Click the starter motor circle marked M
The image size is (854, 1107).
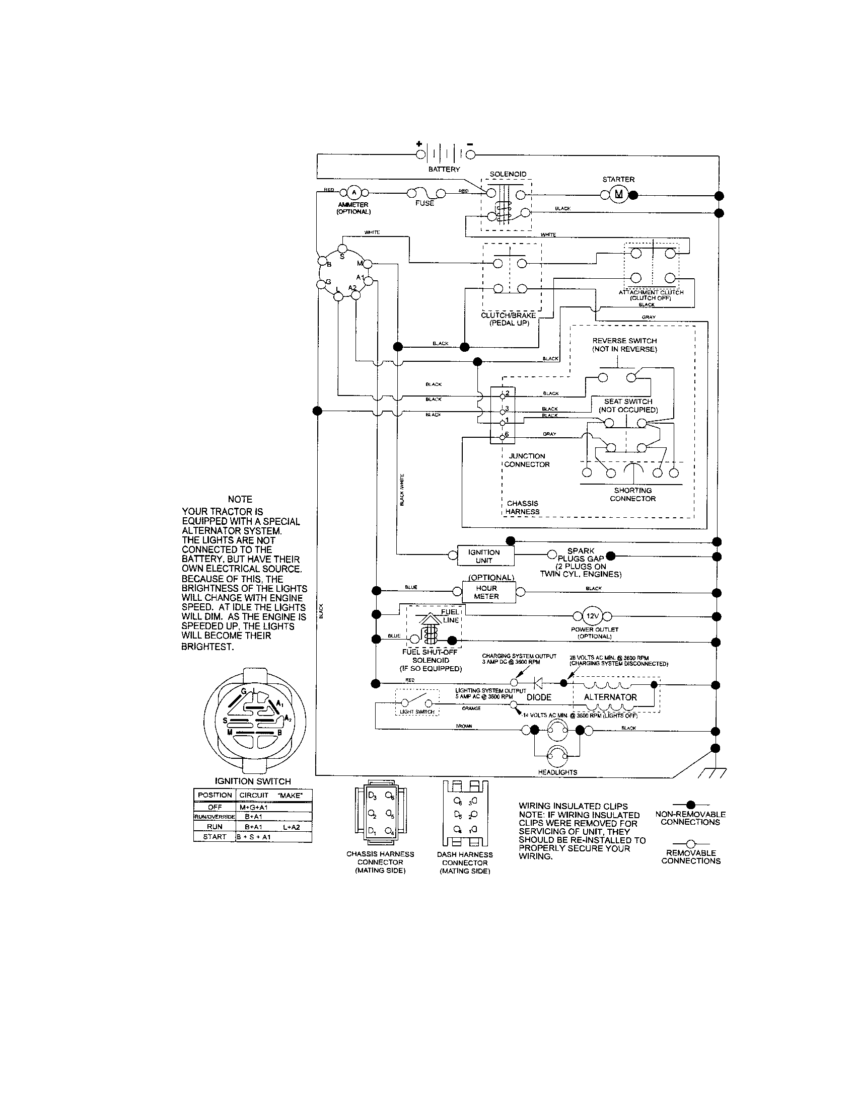618,195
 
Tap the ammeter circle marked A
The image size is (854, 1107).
354,192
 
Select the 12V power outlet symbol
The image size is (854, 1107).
592,616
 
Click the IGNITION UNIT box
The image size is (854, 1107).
485,556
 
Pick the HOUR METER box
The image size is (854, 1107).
488,592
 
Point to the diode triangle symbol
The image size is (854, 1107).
538,684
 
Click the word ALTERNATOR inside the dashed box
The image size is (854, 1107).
610,697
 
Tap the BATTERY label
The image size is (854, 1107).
444,169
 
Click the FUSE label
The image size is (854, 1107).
424,203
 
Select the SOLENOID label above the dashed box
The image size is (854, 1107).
508,174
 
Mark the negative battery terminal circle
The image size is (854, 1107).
470,154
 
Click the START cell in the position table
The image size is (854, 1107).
215,836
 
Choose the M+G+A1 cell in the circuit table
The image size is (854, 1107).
254,807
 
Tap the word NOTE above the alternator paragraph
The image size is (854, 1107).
240,499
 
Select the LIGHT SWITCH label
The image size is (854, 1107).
417,711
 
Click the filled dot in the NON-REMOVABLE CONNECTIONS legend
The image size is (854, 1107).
690,804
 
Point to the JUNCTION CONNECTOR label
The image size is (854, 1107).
527,460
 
